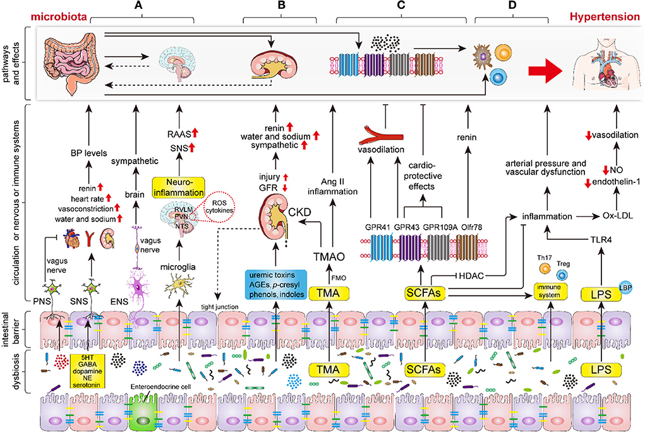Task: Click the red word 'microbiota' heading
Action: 59,16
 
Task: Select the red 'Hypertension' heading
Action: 605,16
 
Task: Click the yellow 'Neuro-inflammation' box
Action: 179,187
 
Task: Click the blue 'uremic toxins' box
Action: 275,284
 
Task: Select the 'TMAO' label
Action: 329,257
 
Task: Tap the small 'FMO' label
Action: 339,278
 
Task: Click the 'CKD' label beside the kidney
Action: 300,212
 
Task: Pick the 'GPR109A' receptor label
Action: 440,227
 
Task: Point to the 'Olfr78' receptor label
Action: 472,227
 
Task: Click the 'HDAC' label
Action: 471,276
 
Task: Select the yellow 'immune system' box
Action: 550,291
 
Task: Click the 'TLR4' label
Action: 601,239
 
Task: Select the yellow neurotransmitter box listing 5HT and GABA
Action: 87,371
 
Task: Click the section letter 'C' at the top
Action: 401,5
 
